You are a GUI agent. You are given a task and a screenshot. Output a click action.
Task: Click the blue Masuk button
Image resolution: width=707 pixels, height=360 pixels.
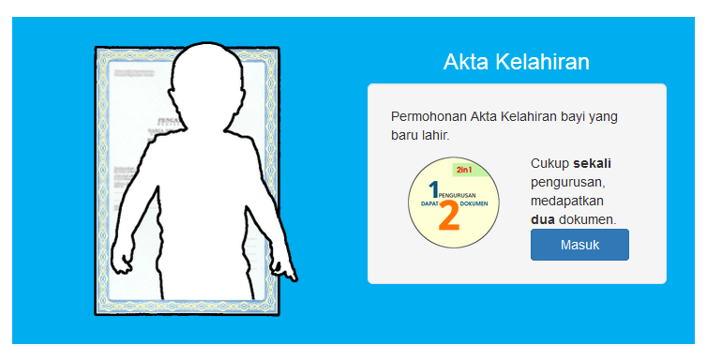(579, 245)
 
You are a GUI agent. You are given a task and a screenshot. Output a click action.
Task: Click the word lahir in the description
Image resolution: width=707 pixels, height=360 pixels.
(434, 136)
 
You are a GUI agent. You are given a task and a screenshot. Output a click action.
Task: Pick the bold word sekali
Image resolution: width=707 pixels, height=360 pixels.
(592, 163)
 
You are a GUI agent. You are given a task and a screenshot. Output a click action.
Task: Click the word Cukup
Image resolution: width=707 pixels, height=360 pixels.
(549, 163)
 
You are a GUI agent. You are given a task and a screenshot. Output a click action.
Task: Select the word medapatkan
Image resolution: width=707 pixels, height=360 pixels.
(567, 201)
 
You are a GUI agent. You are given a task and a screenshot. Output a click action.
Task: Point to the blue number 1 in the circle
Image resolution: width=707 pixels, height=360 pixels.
(432, 190)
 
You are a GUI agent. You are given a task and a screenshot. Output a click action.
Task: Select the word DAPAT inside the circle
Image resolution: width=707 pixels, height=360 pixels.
(430, 203)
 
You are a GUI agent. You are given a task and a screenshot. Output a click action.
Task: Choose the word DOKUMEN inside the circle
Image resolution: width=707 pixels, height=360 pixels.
(474, 203)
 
